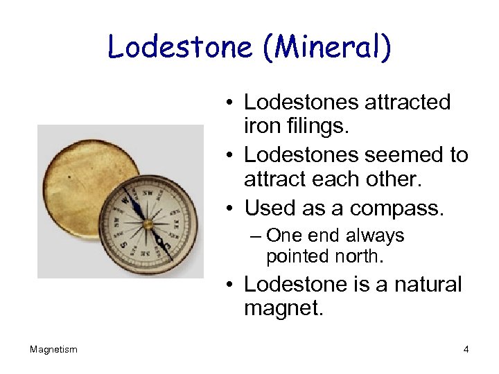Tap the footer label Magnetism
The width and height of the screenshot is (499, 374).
53,350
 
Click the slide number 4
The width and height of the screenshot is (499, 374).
466,350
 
